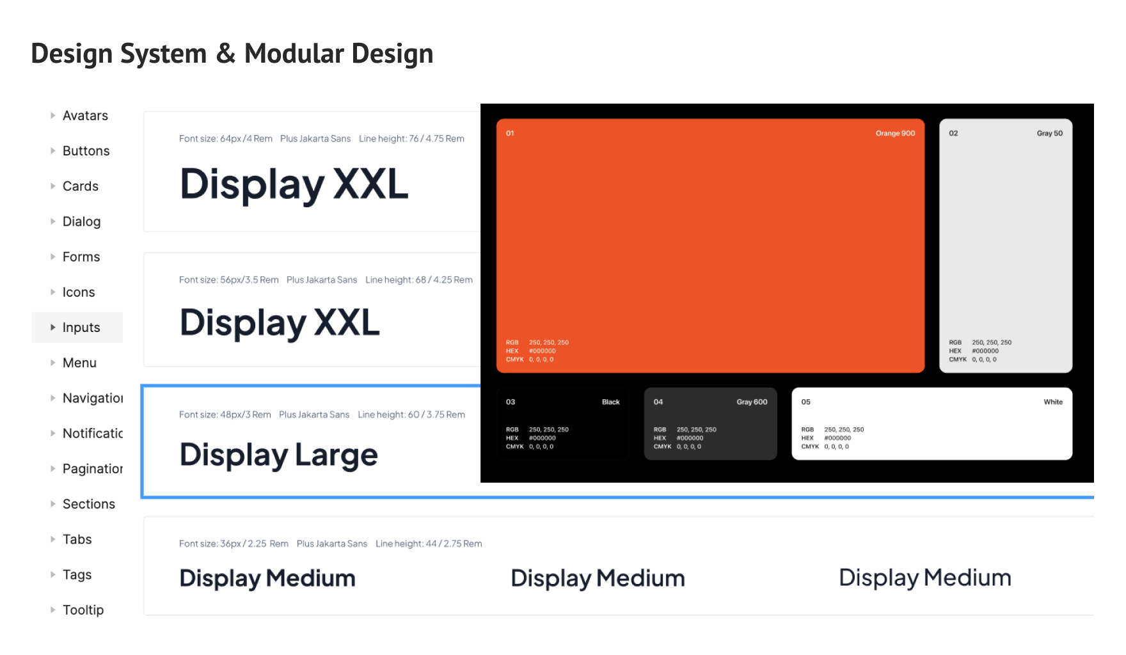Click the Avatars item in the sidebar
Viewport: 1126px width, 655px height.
85,116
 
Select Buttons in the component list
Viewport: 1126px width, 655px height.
86,151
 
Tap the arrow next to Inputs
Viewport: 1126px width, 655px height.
53,327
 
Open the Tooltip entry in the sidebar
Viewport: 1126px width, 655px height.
83,610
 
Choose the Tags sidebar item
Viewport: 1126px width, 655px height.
77,575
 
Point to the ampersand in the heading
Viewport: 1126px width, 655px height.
225,54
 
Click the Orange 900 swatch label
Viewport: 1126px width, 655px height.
895,133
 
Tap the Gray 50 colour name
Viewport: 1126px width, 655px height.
1049,133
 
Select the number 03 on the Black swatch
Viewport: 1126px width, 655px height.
511,402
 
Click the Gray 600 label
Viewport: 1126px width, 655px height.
752,402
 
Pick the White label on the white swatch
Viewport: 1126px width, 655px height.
1053,402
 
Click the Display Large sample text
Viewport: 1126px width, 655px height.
278,455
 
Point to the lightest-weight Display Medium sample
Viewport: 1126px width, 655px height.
924,578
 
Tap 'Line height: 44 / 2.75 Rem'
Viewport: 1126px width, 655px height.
429,544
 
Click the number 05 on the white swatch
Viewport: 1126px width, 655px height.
805,402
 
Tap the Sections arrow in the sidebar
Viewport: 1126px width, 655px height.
53,504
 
